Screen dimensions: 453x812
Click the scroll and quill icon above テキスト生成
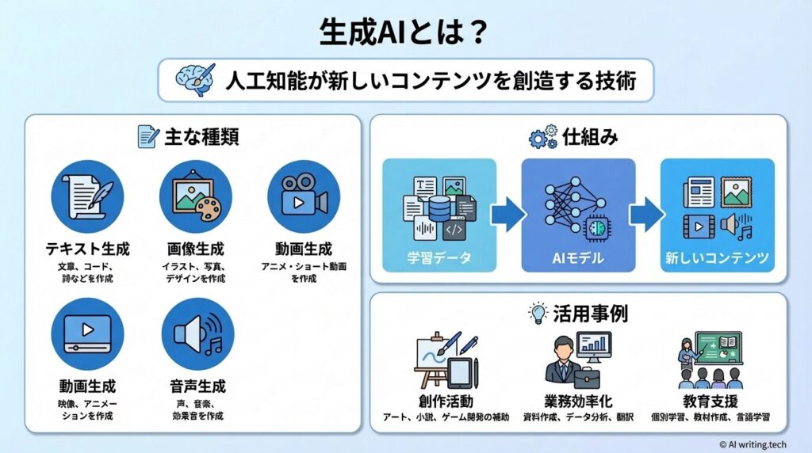[x=87, y=196]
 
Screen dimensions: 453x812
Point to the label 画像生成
[x=196, y=248]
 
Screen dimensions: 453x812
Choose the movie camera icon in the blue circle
[x=304, y=196]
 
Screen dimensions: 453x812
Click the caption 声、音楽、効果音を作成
[x=196, y=409]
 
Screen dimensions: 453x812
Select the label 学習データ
[x=439, y=258]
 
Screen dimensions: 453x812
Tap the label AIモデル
[x=577, y=258]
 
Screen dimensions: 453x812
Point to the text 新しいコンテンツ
[x=716, y=258]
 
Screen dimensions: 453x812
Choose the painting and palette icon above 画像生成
[x=196, y=196]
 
